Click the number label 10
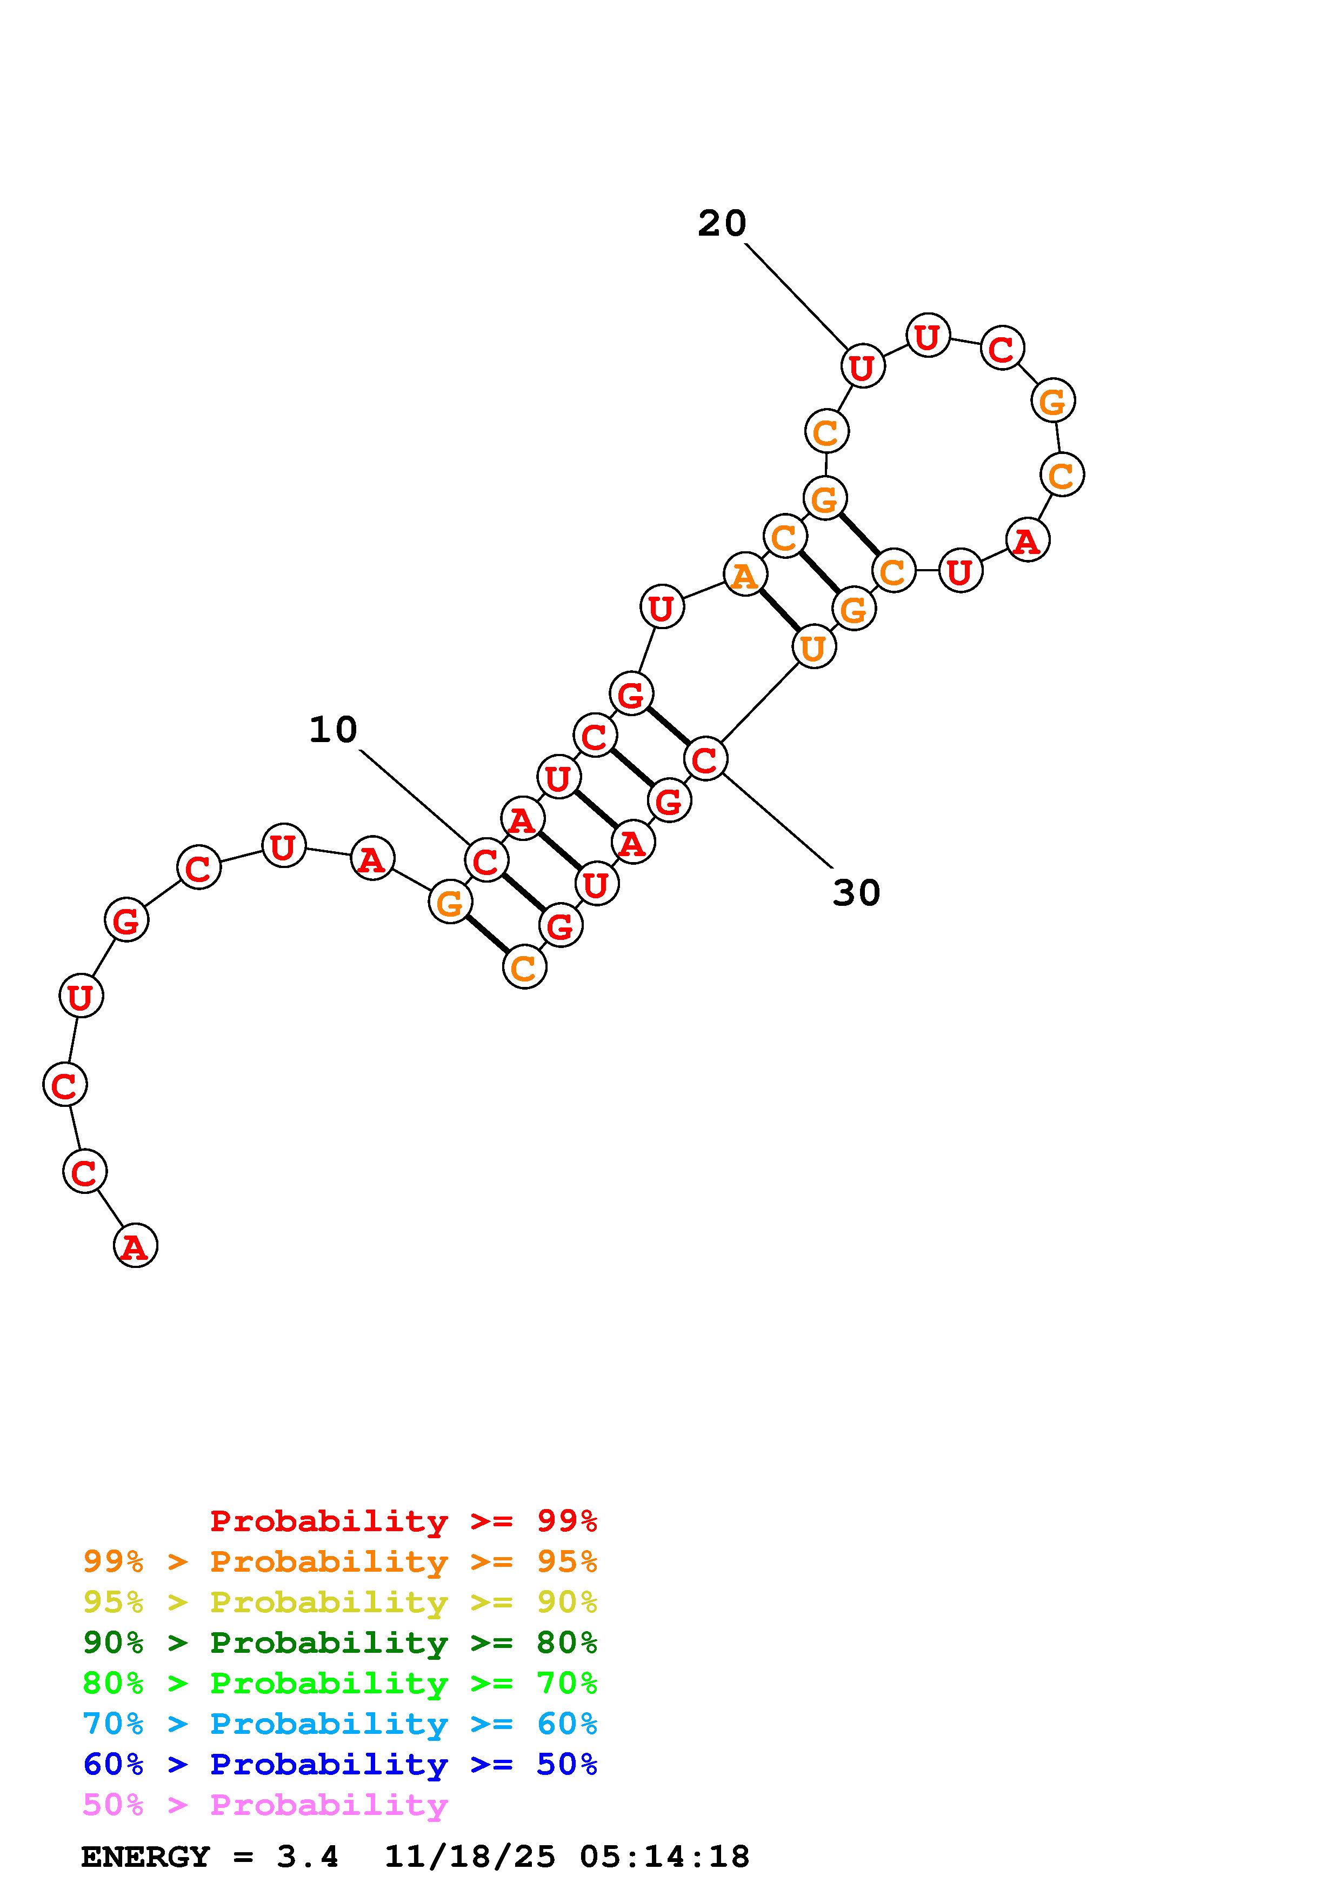click(333, 730)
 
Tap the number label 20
click(722, 224)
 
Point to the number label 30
click(856, 893)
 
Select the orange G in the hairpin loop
click(1052, 402)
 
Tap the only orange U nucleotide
click(814, 647)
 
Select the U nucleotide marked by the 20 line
click(863, 366)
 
